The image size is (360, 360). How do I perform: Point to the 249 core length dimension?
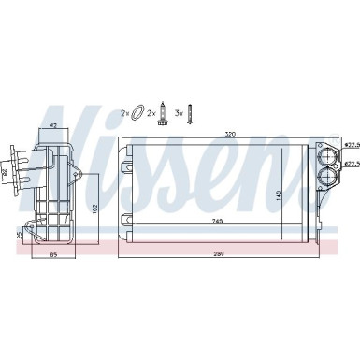tap(218, 221)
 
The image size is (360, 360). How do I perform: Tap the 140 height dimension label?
tap(304, 194)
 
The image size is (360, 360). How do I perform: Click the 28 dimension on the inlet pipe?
tap(6, 174)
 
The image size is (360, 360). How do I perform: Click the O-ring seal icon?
tap(137, 112)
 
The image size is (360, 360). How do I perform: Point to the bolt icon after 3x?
tap(190, 112)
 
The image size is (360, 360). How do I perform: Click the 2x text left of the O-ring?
tap(124, 113)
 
